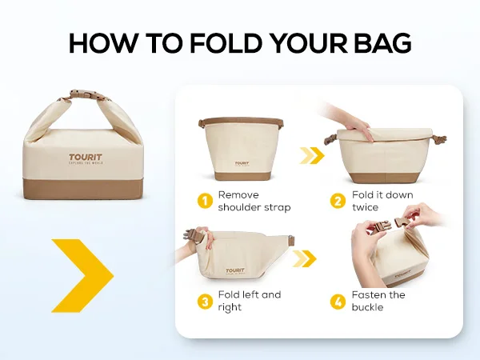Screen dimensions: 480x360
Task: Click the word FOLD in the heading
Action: [226, 43]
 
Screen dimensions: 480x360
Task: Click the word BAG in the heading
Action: [382, 43]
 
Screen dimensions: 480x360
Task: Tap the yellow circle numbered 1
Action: [205, 201]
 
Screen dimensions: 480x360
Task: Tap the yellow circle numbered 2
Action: [338, 201]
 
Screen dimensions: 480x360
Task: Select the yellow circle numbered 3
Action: [205, 302]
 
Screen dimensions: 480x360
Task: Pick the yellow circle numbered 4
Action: [338, 302]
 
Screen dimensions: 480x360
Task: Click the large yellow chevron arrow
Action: [82, 275]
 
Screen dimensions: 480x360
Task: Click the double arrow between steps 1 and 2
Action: [312, 155]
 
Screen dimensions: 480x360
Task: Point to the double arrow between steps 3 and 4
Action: [304, 258]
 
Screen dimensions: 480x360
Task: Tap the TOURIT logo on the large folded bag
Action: [86, 159]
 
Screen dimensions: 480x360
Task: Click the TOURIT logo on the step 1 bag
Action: [242, 164]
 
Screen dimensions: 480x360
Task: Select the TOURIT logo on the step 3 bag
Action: [235, 271]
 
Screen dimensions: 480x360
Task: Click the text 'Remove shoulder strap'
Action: [254, 201]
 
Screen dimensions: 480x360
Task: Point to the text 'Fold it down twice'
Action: [382, 201]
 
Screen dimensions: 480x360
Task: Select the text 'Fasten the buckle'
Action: [378, 301]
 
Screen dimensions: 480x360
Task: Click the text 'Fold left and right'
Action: [250, 301]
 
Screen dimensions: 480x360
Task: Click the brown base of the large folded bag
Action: [83, 190]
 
